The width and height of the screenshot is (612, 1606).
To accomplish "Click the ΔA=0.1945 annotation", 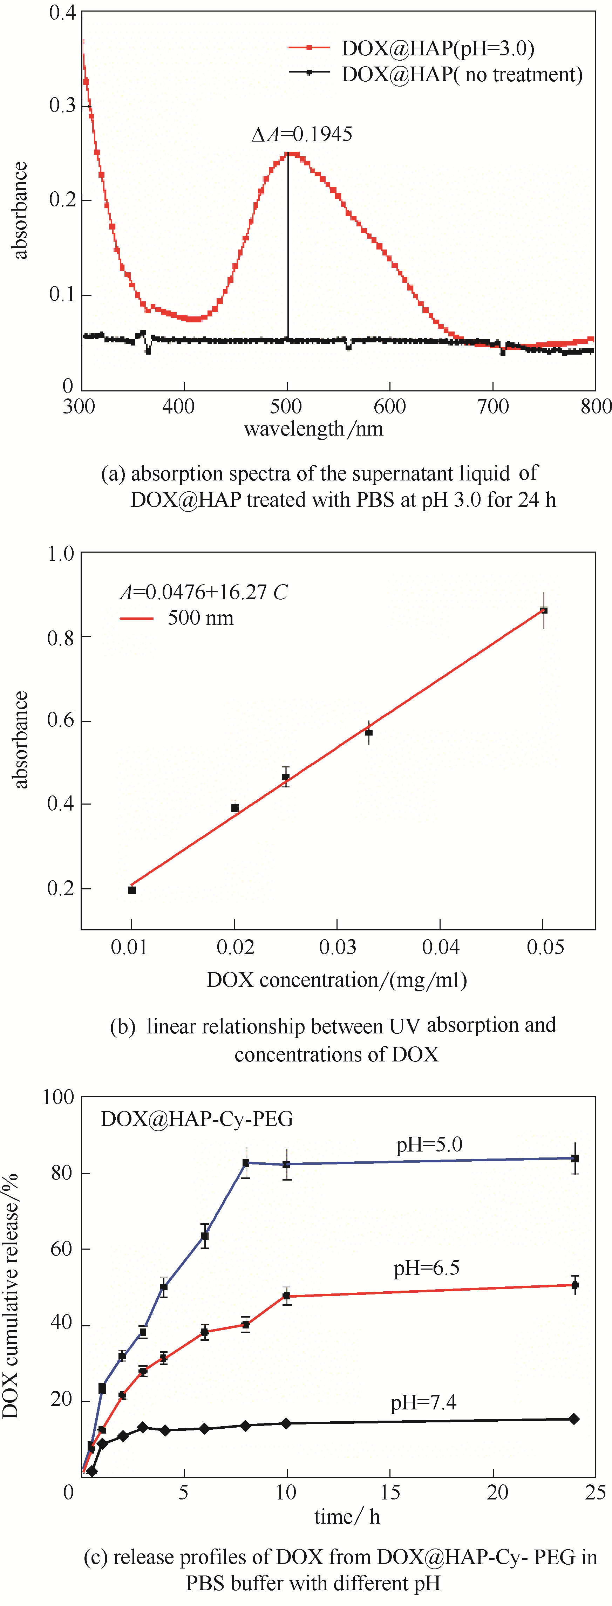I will [x=302, y=134].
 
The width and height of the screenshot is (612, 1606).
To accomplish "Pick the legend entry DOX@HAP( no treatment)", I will [x=462, y=74].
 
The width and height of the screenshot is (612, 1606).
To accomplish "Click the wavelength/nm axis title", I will [x=313, y=429].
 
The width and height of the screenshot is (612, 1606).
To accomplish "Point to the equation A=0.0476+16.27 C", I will [x=203, y=592].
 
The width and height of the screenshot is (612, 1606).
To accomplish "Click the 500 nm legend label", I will [x=200, y=618].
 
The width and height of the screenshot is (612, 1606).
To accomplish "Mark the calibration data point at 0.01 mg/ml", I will [x=132, y=890].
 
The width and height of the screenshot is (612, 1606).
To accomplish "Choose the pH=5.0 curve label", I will [x=429, y=1144].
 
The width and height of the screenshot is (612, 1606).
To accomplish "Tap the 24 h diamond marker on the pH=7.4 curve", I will [x=574, y=1419].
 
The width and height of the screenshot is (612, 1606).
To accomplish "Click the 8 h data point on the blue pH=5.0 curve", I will [x=246, y=1163].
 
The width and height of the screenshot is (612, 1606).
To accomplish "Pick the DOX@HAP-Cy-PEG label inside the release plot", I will [x=197, y=1119].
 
